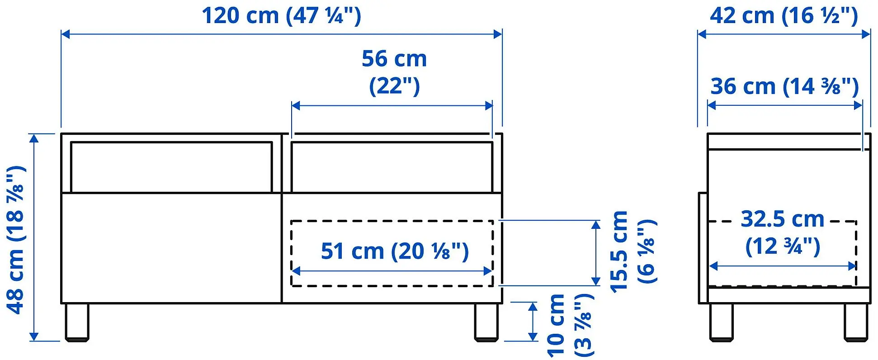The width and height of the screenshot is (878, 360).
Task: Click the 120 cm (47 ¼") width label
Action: (281, 16)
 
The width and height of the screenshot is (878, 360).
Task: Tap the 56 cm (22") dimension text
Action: (394, 72)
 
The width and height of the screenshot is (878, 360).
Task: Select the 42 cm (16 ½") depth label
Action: (784, 16)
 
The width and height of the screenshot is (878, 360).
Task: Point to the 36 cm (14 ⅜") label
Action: (784, 86)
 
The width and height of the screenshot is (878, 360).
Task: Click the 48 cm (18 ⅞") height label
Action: (16, 240)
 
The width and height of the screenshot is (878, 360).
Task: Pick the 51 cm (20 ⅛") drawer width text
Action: (394, 251)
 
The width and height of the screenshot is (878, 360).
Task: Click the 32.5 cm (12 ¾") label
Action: (783, 232)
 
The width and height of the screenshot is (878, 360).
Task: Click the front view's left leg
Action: (77, 322)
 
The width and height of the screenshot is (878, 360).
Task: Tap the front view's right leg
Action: (486, 322)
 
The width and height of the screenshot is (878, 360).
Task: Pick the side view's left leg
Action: (721, 322)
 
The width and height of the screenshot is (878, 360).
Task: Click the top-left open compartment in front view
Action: (171, 167)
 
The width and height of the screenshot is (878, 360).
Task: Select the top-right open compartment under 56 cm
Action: (392, 167)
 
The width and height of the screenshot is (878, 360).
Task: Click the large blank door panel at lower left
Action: (171, 248)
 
